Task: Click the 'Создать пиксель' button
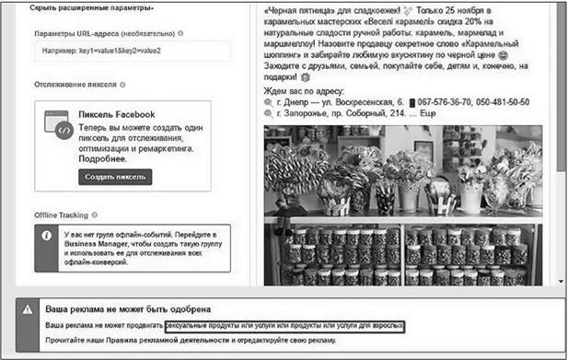115,177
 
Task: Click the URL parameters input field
133,52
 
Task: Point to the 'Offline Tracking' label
60,214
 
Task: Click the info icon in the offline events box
47,236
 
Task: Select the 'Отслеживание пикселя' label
75,85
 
